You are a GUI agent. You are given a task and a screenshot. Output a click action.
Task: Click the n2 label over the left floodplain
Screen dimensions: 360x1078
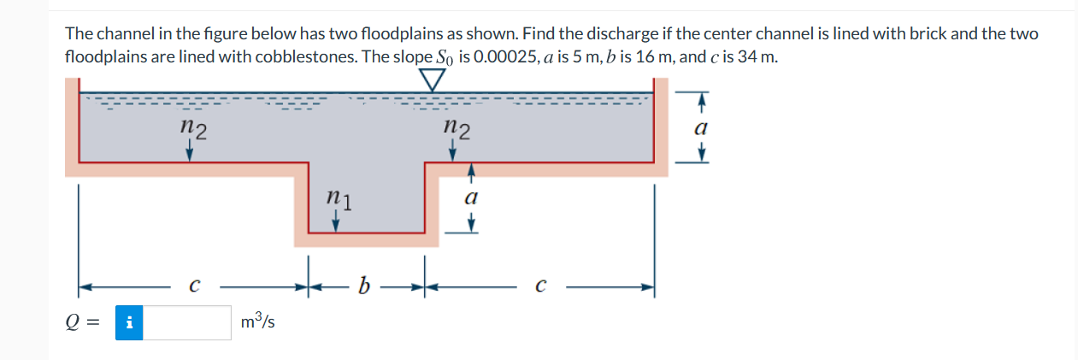point(194,129)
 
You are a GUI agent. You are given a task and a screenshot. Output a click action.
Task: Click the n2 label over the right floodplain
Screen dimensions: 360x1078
point(457,129)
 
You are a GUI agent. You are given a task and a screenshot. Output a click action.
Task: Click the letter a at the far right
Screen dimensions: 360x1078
point(701,127)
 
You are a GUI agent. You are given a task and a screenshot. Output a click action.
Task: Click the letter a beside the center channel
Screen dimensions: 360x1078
point(469,197)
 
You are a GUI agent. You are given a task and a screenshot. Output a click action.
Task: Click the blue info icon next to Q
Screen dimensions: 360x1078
point(128,322)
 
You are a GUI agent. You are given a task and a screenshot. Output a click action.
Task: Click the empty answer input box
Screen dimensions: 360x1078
point(186,322)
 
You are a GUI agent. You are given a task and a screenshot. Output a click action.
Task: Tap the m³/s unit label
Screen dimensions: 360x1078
point(257,322)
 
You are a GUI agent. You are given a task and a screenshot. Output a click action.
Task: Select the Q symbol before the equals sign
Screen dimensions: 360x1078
point(75,322)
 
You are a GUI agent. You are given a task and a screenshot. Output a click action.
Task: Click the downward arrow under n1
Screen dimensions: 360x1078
point(336,221)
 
